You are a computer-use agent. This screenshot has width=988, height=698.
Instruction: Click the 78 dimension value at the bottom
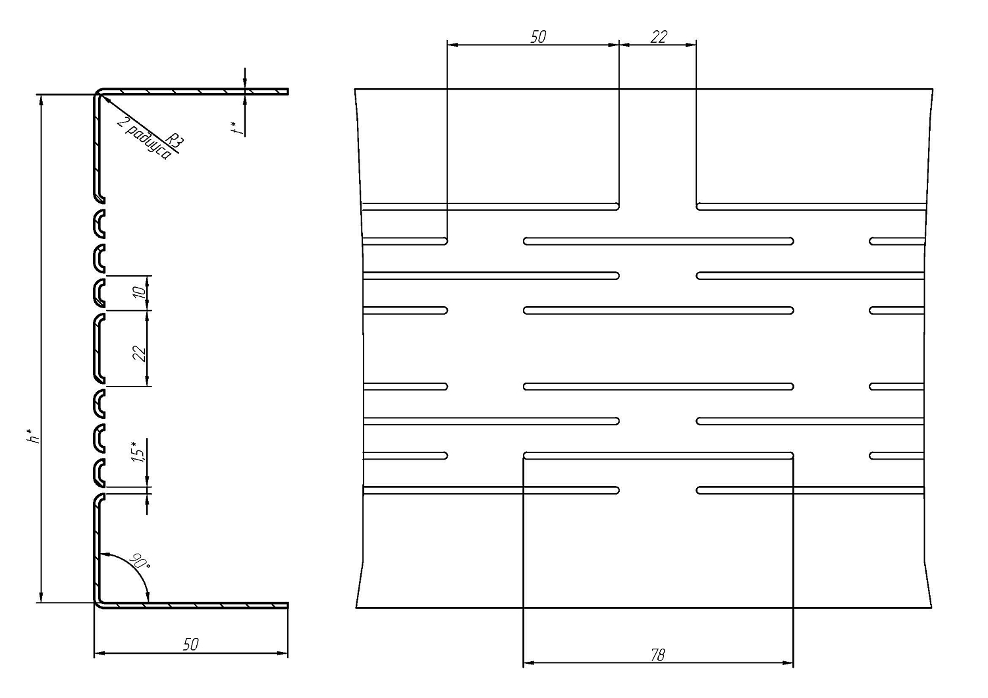[x=657, y=656]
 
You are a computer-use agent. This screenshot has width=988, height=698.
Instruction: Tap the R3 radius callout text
[x=175, y=140]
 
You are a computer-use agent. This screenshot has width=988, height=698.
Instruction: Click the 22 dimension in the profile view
[x=139, y=354]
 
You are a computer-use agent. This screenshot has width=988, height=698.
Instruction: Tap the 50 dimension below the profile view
[x=190, y=644]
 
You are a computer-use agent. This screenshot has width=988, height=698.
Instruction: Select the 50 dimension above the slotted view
[x=537, y=37]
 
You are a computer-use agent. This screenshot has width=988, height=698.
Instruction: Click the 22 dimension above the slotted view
[x=659, y=37]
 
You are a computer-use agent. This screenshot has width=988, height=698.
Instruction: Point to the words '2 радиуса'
[x=144, y=139]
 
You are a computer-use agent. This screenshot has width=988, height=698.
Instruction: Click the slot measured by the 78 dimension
[x=659, y=455]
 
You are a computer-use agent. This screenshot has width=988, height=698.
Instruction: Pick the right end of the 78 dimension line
[x=793, y=662]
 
